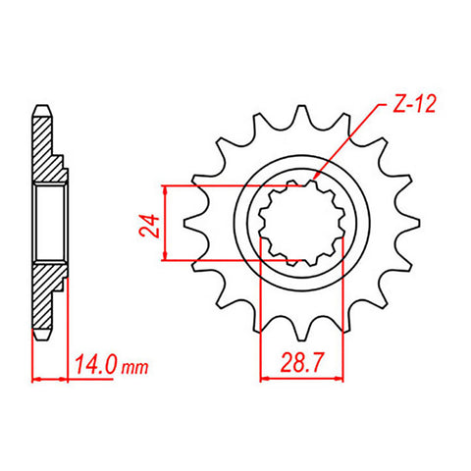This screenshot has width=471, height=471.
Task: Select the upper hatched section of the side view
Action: pyautogui.click(x=46, y=147)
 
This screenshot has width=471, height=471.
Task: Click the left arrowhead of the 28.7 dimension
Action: pyautogui.click(x=265, y=378)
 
